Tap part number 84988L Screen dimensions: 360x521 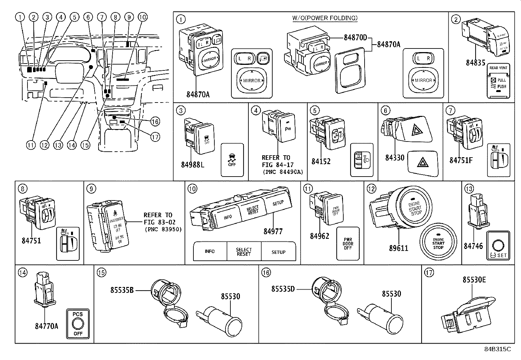tap(193, 164)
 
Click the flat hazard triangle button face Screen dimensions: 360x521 tap(423, 162)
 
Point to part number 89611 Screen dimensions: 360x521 tap(399, 248)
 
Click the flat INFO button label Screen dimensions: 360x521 tap(210, 252)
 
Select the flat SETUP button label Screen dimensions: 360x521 tap(278, 252)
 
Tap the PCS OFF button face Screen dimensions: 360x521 tap(78, 324)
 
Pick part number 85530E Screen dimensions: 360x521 tap(474, 280)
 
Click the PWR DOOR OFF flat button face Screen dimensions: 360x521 tap(348, 243)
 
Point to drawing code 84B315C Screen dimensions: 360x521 tap(497, 349)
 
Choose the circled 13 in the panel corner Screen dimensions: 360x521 tap(469, 189)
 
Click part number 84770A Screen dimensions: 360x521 tap(47, 326)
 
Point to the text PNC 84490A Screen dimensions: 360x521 tap(283, 172)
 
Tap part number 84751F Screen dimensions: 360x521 tap(461, 160)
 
